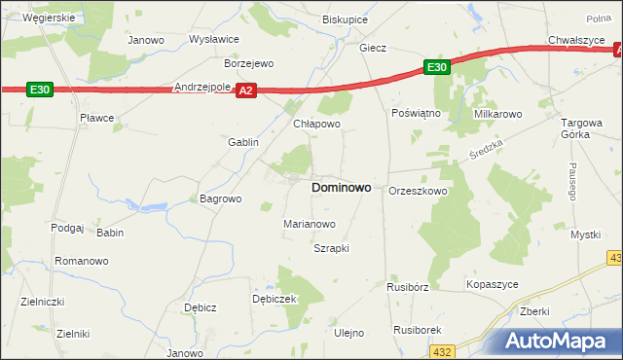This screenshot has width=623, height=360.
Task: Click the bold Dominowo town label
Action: click(x=340, y=188)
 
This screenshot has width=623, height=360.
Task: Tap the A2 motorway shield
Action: click(x=246, y=90)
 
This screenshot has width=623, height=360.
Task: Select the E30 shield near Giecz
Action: click(x=436, y=67)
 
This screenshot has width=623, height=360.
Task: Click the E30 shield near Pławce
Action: click(x=40, y=90)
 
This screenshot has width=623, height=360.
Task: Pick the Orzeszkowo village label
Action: click(x=418, y=191)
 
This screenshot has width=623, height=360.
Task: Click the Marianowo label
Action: click(x=310, y=224)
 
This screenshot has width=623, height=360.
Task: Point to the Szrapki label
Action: click(x=331, y=248)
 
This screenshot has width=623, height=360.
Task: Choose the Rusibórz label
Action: click(x=408, y=287)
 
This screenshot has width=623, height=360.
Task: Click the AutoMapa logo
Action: click(x=561, y=342)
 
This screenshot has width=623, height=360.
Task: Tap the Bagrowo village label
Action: click(x=220, y=198)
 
